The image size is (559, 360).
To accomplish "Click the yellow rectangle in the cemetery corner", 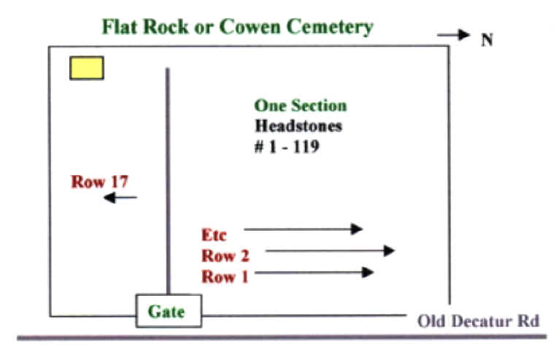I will point(86,67).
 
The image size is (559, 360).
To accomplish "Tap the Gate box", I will point(169,311).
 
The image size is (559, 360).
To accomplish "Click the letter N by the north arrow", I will point(487,40).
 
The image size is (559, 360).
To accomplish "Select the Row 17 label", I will point(100,181).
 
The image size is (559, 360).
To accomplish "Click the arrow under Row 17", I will point(120,197).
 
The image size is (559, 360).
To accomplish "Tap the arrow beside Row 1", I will point(315,272).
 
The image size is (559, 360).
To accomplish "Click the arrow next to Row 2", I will point(329,250).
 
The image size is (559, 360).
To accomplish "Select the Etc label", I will point(214,234).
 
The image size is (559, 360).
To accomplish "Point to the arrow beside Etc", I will point(303,229).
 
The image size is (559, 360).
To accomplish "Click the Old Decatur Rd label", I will point(479,321).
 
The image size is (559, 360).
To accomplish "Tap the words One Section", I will point(300,106).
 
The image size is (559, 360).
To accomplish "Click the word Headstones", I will point(298,125).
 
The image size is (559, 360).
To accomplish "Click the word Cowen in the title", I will point(246,28).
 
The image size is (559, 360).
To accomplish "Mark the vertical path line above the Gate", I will point(169,183).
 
